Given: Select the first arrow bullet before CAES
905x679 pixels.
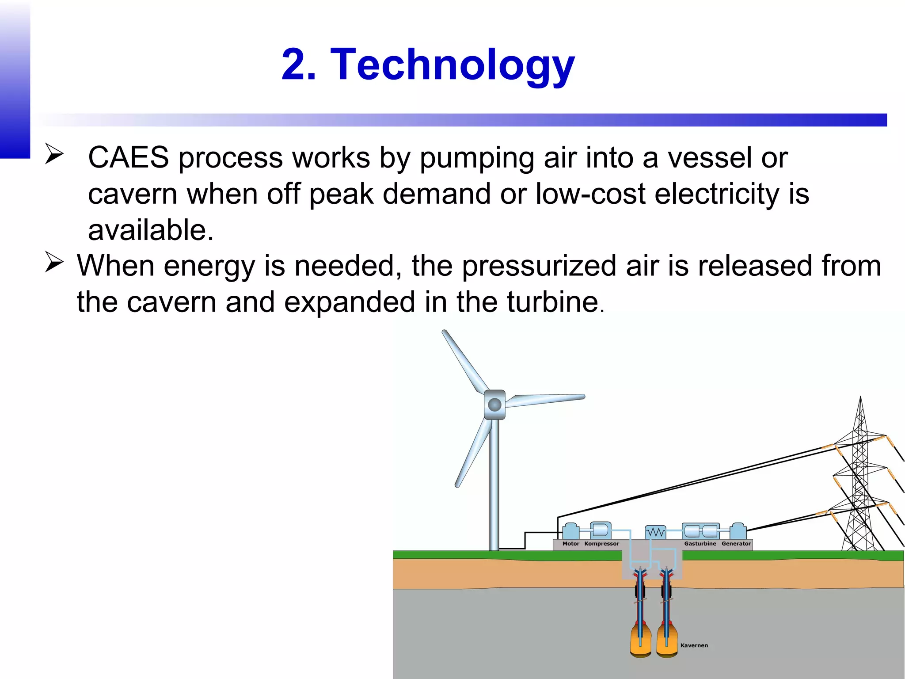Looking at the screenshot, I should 54,155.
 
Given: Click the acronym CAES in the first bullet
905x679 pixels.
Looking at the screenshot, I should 128,157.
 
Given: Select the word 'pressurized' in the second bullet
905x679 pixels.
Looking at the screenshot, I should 540,266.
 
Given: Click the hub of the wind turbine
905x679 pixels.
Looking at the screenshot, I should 494,404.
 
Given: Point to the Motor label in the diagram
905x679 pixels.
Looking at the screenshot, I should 570,544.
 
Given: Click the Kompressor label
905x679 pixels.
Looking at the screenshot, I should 601,544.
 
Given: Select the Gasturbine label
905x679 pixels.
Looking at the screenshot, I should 700,544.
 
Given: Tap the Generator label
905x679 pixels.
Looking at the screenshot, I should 736,544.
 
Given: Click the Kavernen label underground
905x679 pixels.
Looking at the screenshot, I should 694,645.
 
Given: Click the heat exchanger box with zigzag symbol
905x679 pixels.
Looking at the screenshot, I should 655,532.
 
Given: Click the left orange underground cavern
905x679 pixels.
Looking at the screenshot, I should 641,640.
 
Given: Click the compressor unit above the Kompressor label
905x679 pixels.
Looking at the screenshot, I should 601,530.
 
